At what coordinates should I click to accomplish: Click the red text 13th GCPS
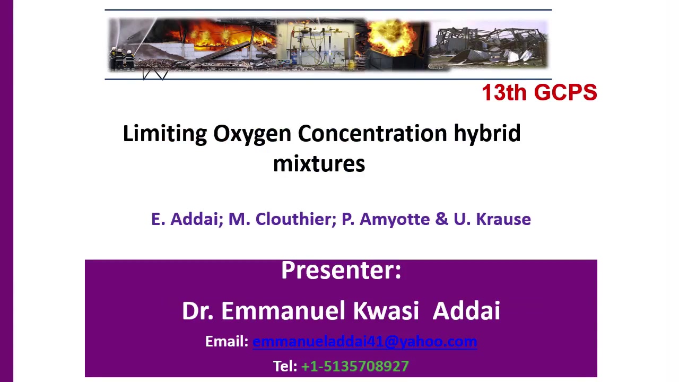point(539,92)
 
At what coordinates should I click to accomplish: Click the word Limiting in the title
point(165,133)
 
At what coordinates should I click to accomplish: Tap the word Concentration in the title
point(372,133)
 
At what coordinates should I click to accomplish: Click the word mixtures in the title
point(319,164)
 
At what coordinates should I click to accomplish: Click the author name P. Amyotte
point(386,219)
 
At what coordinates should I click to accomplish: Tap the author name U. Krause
point(492,219)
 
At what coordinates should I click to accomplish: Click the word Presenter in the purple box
point(341,270)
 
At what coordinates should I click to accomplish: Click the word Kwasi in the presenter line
point(386,311)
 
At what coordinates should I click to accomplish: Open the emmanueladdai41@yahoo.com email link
point(364,342)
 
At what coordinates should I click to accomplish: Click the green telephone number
point(355,366)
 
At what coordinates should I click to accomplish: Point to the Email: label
point(227,341)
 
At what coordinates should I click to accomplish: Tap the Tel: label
point(285,366)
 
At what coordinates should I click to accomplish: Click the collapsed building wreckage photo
point(488,45)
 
